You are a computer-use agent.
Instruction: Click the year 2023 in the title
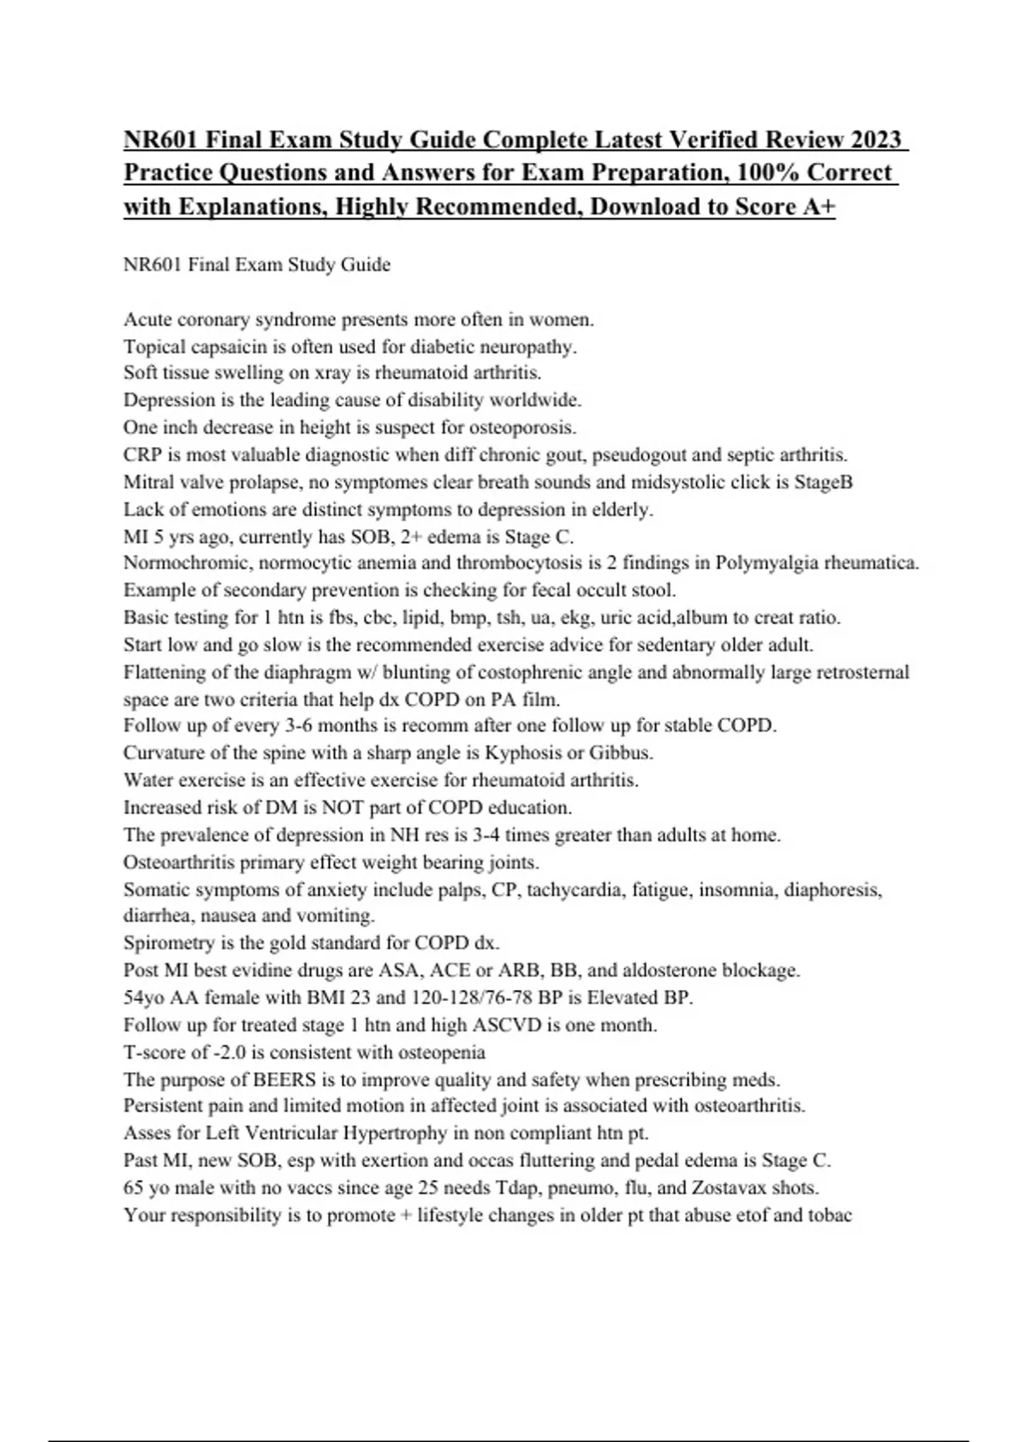pos(875,138)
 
